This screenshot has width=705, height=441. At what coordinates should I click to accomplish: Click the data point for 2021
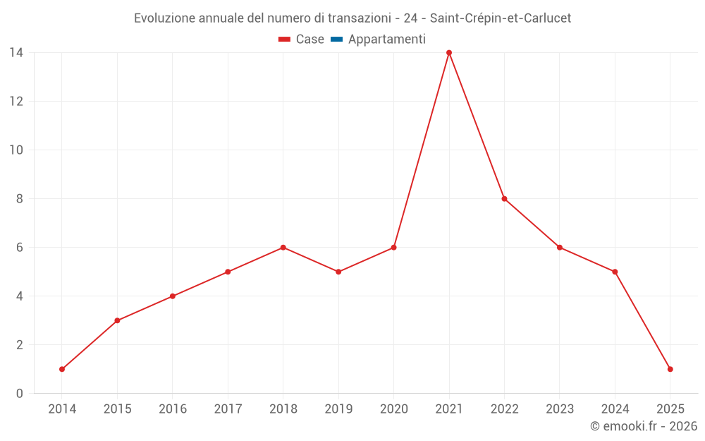(449, 53)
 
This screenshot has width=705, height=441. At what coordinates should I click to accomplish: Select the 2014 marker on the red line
(62, 369)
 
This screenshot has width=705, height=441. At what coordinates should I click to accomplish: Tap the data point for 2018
(283, 248)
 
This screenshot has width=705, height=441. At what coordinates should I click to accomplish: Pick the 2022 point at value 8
(504, 199)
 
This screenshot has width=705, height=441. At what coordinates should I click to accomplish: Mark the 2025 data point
(670, 369)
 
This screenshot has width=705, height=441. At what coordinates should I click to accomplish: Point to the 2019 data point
(338, 272)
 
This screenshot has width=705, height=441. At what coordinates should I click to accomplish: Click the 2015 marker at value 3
(117, 320)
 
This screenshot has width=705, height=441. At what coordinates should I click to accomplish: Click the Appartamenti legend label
(386, 40)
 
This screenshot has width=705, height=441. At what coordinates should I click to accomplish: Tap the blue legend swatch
(336, 40)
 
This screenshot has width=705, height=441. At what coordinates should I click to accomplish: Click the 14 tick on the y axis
(16, 52)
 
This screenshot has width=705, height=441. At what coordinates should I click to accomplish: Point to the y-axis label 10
(16, 150)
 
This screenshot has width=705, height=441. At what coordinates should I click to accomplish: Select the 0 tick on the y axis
(20, 393)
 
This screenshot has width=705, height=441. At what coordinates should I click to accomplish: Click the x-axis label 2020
(393, 409)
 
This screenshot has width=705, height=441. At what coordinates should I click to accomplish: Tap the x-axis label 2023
(560, 409)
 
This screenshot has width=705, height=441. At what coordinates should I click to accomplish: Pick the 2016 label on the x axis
(173, 409)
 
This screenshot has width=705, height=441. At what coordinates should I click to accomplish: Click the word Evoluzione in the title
(164, 18)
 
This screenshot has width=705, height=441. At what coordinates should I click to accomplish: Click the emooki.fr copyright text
(644, 426)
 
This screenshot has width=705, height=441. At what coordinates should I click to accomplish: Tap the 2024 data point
(615, 272)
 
